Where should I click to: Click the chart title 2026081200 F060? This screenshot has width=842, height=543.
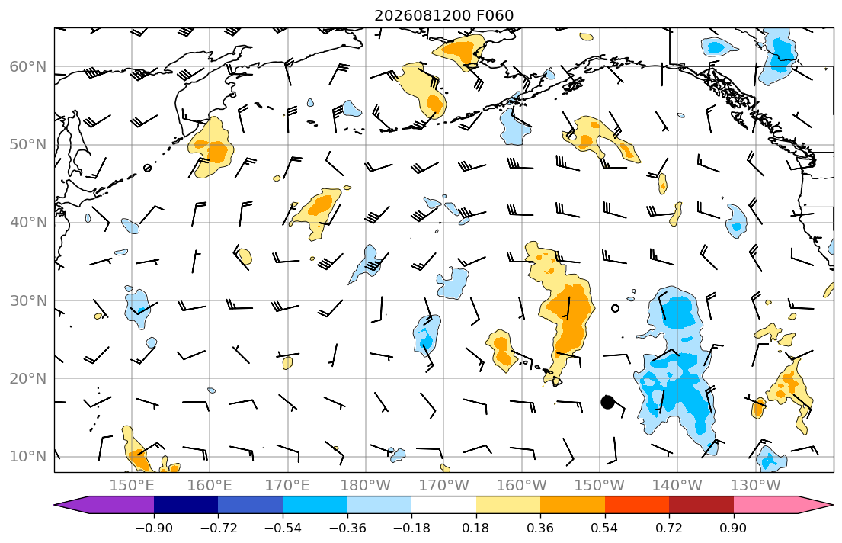443,15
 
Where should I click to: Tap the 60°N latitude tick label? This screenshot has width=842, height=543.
28,66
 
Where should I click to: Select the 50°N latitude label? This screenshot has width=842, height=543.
28,145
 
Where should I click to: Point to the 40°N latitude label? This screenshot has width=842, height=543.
28,222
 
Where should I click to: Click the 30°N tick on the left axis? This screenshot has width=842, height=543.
28,300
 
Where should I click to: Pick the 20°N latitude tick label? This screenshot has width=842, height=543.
28,378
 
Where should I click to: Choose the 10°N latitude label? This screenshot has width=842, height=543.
28,457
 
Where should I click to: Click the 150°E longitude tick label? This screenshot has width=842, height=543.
132,486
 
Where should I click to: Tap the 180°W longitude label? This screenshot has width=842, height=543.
366,486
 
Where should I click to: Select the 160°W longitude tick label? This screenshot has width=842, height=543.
521,486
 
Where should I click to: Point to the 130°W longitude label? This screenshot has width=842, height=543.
755,486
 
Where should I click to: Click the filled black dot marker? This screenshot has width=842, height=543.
607,402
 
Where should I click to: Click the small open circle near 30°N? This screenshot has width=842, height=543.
616,309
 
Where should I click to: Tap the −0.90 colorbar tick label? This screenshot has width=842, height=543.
154,528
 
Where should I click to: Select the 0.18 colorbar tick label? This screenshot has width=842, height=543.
475,528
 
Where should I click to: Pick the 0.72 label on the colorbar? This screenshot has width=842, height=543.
669,528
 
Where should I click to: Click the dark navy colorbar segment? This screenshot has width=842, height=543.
186,505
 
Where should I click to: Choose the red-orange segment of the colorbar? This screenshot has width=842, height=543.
637,505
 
